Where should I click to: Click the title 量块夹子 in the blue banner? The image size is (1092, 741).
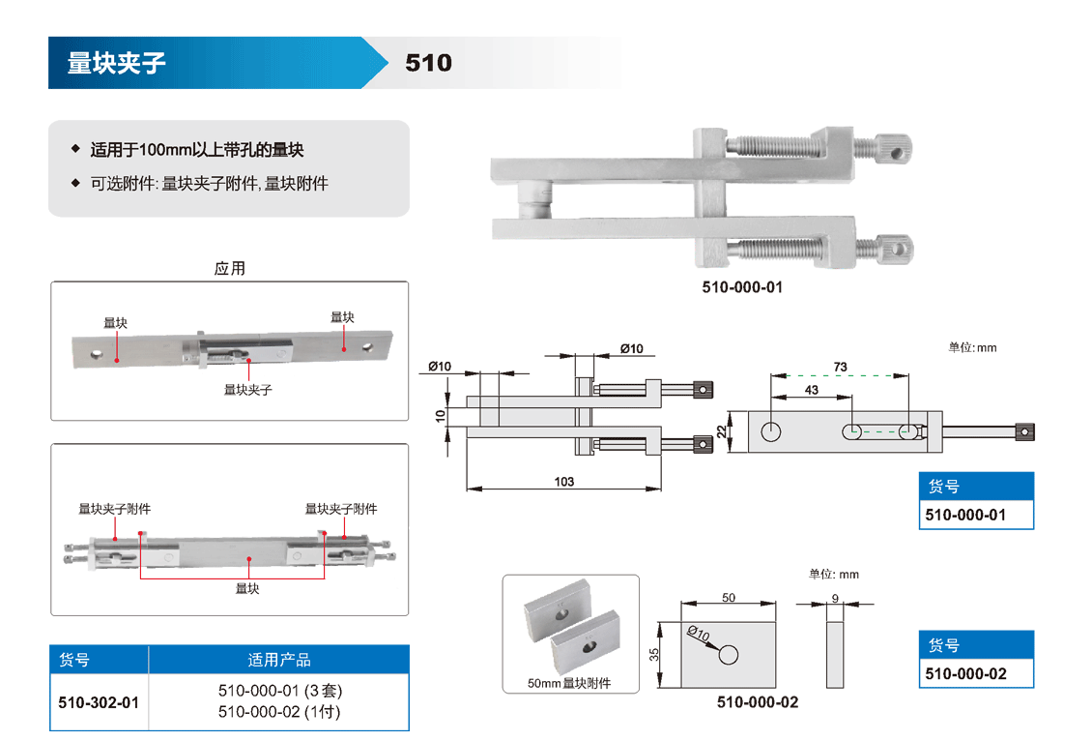click(117, 63)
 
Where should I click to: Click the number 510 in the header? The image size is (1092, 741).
click(428, 63)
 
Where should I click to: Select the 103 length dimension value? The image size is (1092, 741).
click(564, 481)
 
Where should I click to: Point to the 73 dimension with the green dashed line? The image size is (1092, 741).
click(840, 367)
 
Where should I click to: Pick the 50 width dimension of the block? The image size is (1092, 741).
click(729, 597)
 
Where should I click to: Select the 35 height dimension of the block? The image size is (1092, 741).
click(654, 654)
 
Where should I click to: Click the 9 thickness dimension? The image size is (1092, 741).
click(836, 597)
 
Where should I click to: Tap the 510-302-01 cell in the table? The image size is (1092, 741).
click(99, 702)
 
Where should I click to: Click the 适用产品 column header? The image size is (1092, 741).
click(279, 660)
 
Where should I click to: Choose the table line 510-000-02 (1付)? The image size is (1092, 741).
click(279, 713)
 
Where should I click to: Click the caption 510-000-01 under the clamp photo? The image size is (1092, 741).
click(742, 287)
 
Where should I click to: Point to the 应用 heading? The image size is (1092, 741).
click(230, 268)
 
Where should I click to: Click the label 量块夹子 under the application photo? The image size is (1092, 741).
click(248, 389)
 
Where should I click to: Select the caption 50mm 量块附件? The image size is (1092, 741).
click(569, 684)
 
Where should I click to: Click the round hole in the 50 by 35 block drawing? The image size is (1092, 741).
click(729, 655)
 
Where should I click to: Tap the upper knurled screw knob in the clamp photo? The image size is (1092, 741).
click(895, 149)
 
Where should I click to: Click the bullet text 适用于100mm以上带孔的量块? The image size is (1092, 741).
click(197, 150)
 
